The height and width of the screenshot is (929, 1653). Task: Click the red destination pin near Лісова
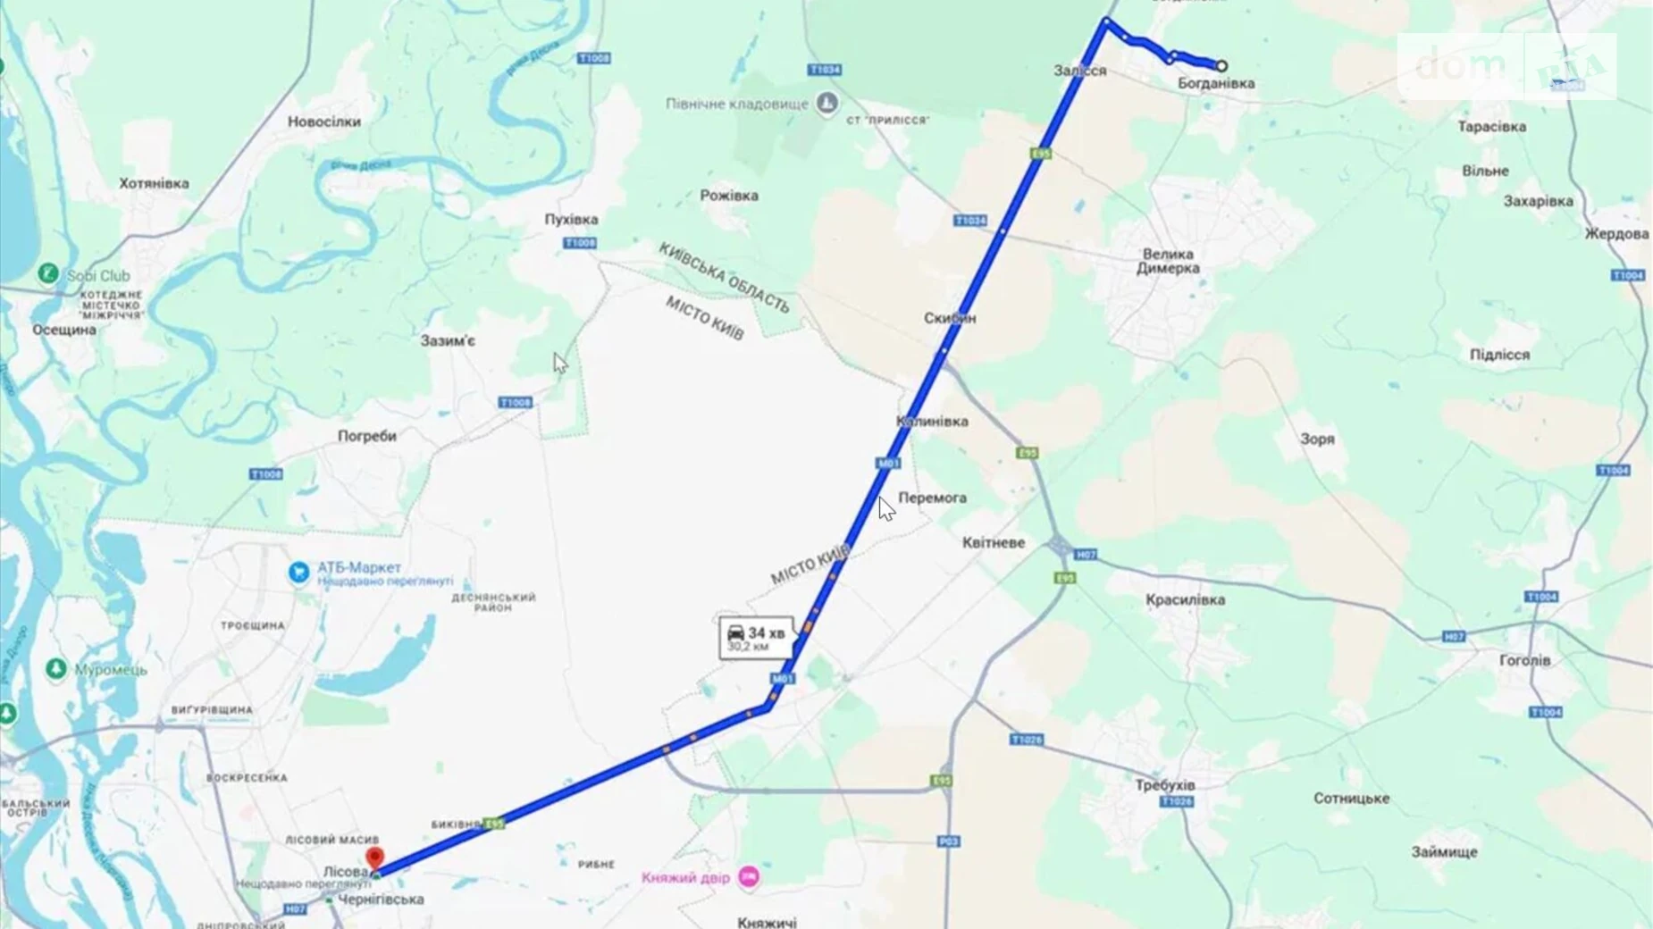[x=375, y=858]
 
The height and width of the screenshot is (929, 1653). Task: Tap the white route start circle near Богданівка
[x=1221, y=65]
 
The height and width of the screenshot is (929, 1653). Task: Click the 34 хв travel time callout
[x=755, y=638]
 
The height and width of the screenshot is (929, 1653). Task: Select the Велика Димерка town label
[x=1168, y=261]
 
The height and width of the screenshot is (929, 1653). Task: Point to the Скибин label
[x=949, y=318]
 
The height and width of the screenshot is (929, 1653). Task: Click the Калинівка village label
[x=932, y=421]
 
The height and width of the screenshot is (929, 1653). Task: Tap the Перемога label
[x=932, y=498]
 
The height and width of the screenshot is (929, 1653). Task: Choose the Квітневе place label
[x=993, y=542]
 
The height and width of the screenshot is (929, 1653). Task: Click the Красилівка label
[x=1185, y=599]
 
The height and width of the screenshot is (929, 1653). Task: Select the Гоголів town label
[x=1524, y=660]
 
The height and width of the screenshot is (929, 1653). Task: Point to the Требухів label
[x=1164, y=785]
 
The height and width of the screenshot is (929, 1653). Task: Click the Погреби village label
[x=366, y=436]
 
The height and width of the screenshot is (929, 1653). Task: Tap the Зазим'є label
[x=448, y=340]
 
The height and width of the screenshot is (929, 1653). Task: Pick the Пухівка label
[x=571, y=219]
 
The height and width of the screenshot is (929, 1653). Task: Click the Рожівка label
[x=729, y=195]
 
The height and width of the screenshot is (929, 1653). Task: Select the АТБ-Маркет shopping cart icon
[x=298, y=572]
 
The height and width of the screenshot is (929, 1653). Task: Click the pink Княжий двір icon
[x=749, y=877]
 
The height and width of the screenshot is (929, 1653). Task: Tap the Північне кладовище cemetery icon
[x=827, y=103]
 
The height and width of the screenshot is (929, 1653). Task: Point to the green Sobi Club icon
[x=48, y=273]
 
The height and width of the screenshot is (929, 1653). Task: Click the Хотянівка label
[x=154, y=183]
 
